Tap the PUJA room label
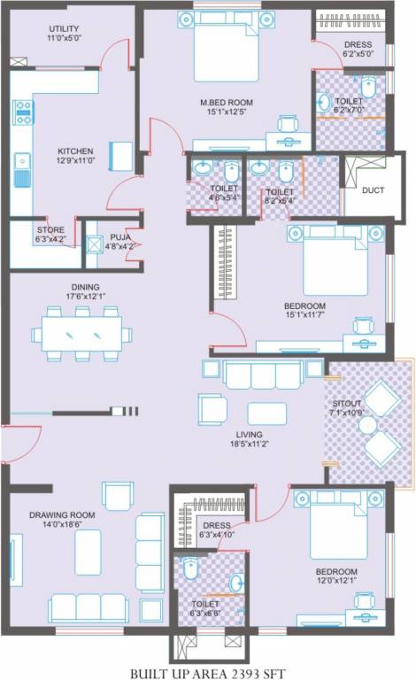[x=119, y=237]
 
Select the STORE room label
[x=50, y=230]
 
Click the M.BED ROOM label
[x=226, y=102]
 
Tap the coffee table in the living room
[x=266, y=413]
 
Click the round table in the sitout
[x=368, y=424]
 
